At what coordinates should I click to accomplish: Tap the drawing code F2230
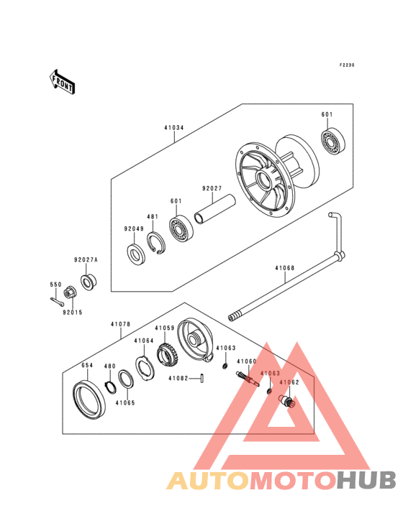click(348, 65)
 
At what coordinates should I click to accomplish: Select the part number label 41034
click(173, 129)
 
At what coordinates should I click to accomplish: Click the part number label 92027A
click(85, 260)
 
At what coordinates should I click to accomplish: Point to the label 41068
click(284, 269)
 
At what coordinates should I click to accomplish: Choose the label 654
click(86, 365)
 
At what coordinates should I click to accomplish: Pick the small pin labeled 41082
click(204, 378)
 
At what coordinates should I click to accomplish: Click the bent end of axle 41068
click(335, 230)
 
